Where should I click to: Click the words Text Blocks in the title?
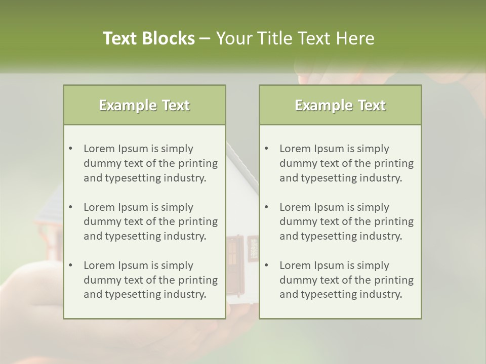click(148, 38)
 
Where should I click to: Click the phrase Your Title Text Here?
click(295, 38)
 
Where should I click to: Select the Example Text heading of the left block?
click(144, 105)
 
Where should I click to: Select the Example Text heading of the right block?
click(340, 105)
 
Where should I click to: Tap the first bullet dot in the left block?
click(70, 149)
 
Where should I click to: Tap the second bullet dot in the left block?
click(70, 207)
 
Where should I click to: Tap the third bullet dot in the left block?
click(70, 265)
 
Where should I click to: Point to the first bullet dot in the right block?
click(266, 149)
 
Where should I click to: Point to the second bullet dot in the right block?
click(266, 207)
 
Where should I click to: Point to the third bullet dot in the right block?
click(266, 265)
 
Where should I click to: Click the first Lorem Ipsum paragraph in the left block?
click(150, 163)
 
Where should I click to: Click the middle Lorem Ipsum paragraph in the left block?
click(150, 221)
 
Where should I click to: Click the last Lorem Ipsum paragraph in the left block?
click(150, 280)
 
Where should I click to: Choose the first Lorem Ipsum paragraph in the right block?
click(346, 163)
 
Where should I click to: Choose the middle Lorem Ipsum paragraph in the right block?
click(346, 221)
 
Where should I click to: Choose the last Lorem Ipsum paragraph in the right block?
click(346, 280)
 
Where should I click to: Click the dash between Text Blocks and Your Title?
click(205, 39)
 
